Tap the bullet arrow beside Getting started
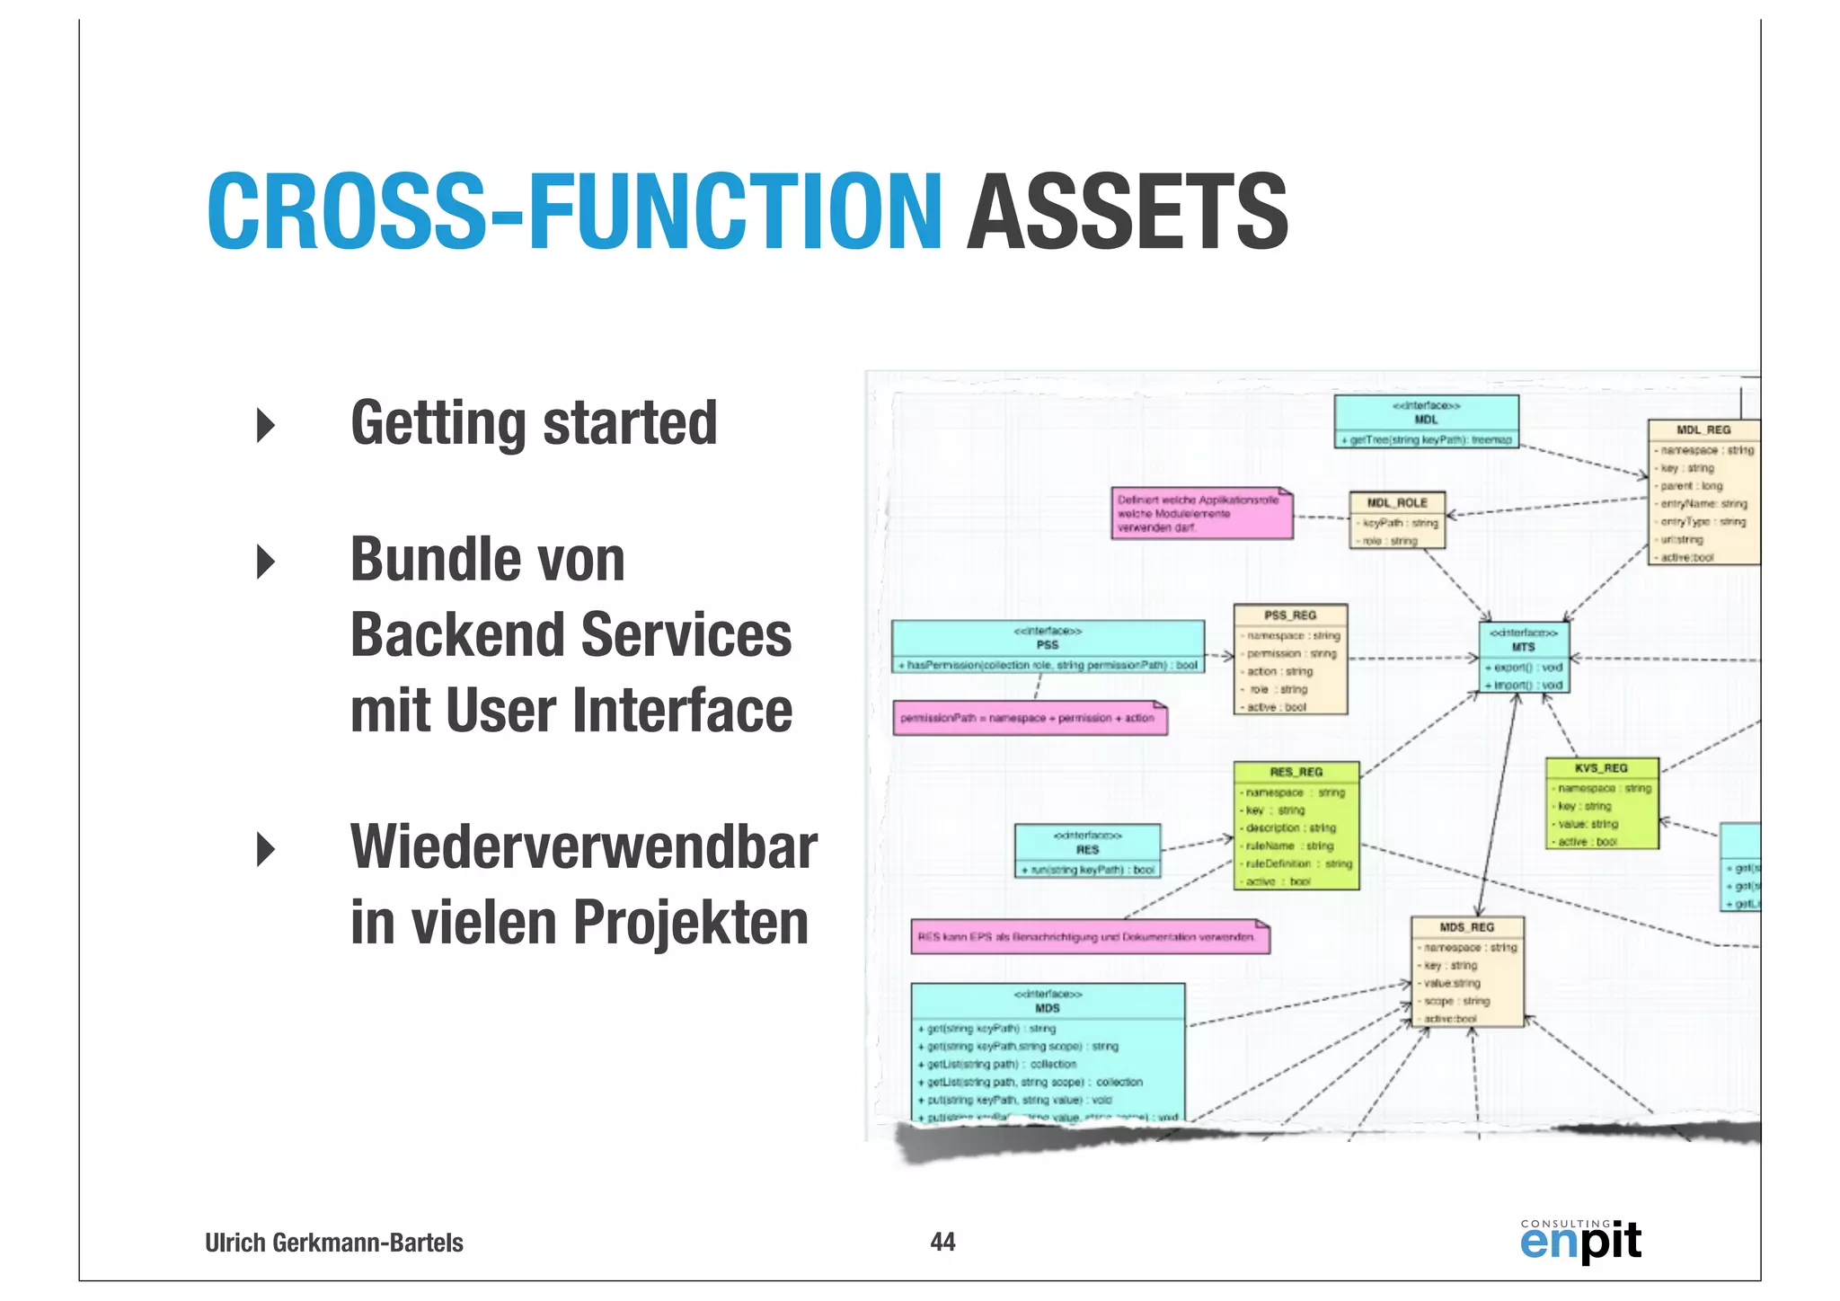tap(266, 424)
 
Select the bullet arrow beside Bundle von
tap(266, 562)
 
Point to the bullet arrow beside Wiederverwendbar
tap(266, 849)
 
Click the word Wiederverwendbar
tap(583, 847)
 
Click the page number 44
tap(942, 1242)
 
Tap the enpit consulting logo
tap(1579, 1241)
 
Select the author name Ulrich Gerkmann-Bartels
tap(334, 1243)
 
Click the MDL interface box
tap(1426, 421)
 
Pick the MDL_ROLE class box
tap(1397, 520)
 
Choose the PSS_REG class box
tap(1290, 659)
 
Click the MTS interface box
tap(1524, 658)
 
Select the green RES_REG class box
tap(1296, 826)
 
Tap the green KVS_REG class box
tap(1601, 803)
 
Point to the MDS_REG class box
tap(1466, 971)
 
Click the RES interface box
tap(1087, 851)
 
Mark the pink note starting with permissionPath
tap(1030, 719)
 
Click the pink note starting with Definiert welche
tap(1201, 514)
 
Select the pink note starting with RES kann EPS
tap(1090, 937)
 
